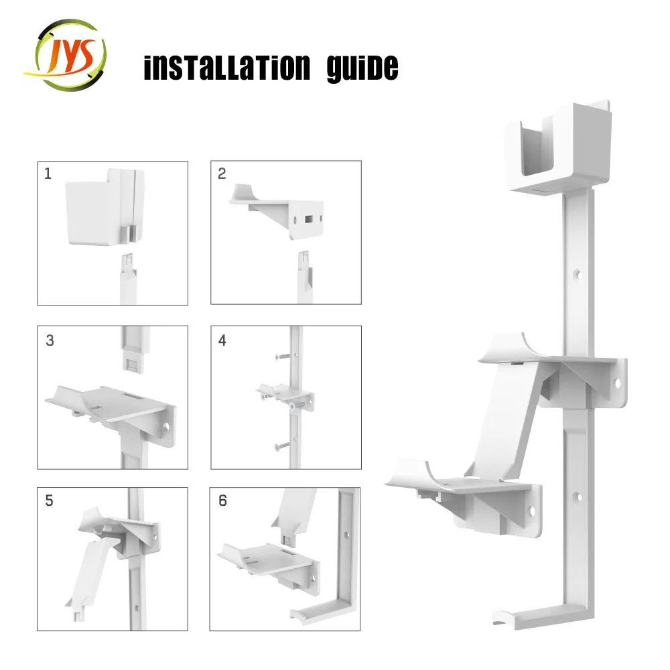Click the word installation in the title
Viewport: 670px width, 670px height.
227,68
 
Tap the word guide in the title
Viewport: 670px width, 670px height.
362,68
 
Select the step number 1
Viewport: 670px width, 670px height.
48,174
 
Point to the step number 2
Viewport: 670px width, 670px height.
222,174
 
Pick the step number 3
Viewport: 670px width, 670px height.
50,340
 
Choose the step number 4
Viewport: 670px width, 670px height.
222,340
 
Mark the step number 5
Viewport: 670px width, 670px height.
49,500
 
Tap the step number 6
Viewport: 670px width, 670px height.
222,500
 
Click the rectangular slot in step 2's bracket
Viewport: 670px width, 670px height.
308,219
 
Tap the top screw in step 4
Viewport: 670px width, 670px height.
282,356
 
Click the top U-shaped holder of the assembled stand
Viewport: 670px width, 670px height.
557,147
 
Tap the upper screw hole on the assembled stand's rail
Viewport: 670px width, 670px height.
578,273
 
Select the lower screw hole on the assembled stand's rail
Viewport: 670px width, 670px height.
577,496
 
